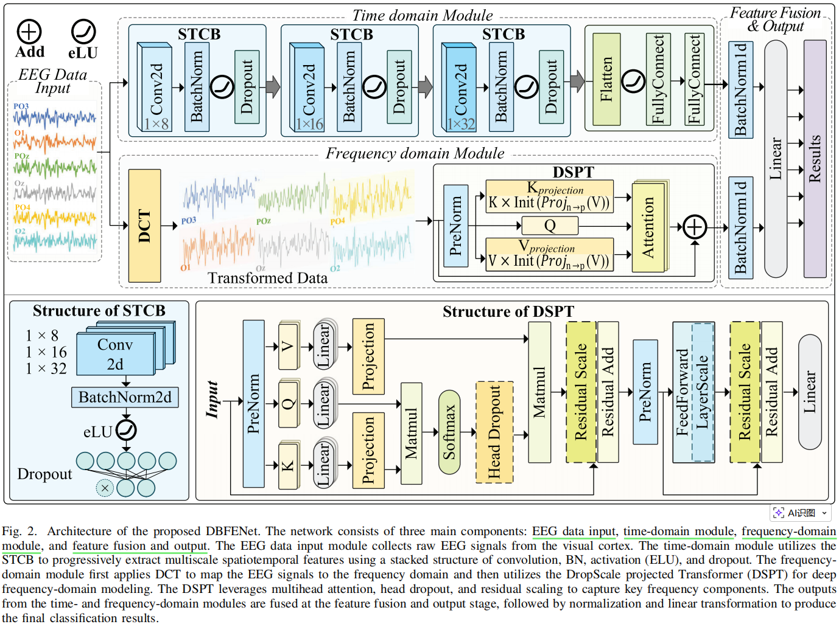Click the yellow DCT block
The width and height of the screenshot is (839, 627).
(x=145, y=226)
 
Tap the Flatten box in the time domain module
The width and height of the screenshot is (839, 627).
(x=606, y=79)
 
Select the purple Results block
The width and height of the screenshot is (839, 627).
(x=815, y=159)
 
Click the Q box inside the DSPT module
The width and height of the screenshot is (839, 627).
(x=550, y=226)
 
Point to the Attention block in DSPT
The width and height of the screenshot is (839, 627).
(x=648, y=227)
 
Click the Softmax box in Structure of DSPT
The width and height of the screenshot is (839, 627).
(x=449, y=432)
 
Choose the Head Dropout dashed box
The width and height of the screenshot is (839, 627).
(x=494, y=432)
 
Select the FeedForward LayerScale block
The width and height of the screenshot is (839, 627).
(x=693, y=392)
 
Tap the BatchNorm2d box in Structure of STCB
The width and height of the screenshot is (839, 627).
(x=125, y=397)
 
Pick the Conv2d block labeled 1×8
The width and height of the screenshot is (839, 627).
(x=156, y=88)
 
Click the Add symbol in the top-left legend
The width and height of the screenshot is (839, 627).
(x=29, y=32)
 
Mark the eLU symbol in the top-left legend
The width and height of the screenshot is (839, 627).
(x=83, y=32)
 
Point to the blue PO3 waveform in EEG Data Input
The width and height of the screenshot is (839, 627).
(x=55, y=117)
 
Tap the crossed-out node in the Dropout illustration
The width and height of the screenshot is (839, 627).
(x=105, y=488)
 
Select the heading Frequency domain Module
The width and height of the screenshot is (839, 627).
(x=415, y=153)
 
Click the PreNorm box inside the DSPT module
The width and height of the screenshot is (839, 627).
(x=455, y=226)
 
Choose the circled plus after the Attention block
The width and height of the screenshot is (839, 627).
(x=695, y=227)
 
